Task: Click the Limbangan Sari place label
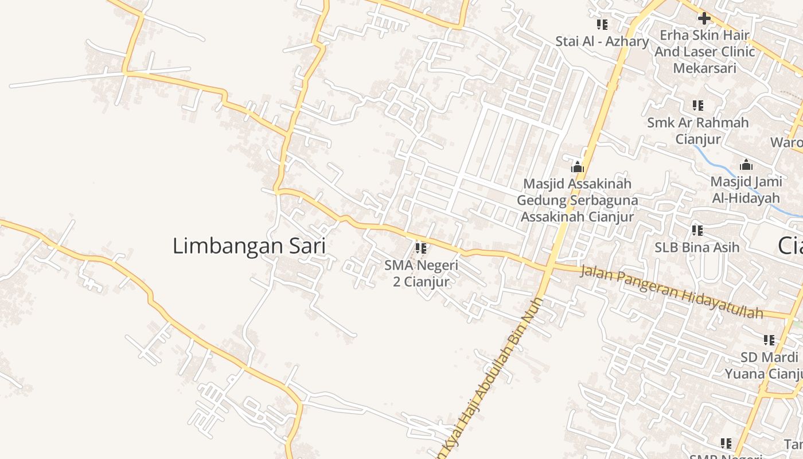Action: [249, 246]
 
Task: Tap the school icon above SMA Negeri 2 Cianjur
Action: [421, 248]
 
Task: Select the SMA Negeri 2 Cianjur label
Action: [422, 274]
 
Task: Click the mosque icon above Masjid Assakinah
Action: [577, 167]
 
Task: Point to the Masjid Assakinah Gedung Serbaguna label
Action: [577, 200]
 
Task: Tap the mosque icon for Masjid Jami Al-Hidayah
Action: [746, 165]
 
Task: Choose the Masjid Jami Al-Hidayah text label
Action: [746, 190]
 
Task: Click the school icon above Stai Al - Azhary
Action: [602, 25]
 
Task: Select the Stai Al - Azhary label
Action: [602, 41]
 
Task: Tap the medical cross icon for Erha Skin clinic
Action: [704, 18]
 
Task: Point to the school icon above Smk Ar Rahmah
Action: [697, 106]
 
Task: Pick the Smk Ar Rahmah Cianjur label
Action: [697, 131]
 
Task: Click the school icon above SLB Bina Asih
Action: [697, 231]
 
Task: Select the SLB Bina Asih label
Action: [697, 247]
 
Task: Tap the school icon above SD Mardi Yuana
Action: [769, 340]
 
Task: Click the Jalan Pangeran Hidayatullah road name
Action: [671, 292]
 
